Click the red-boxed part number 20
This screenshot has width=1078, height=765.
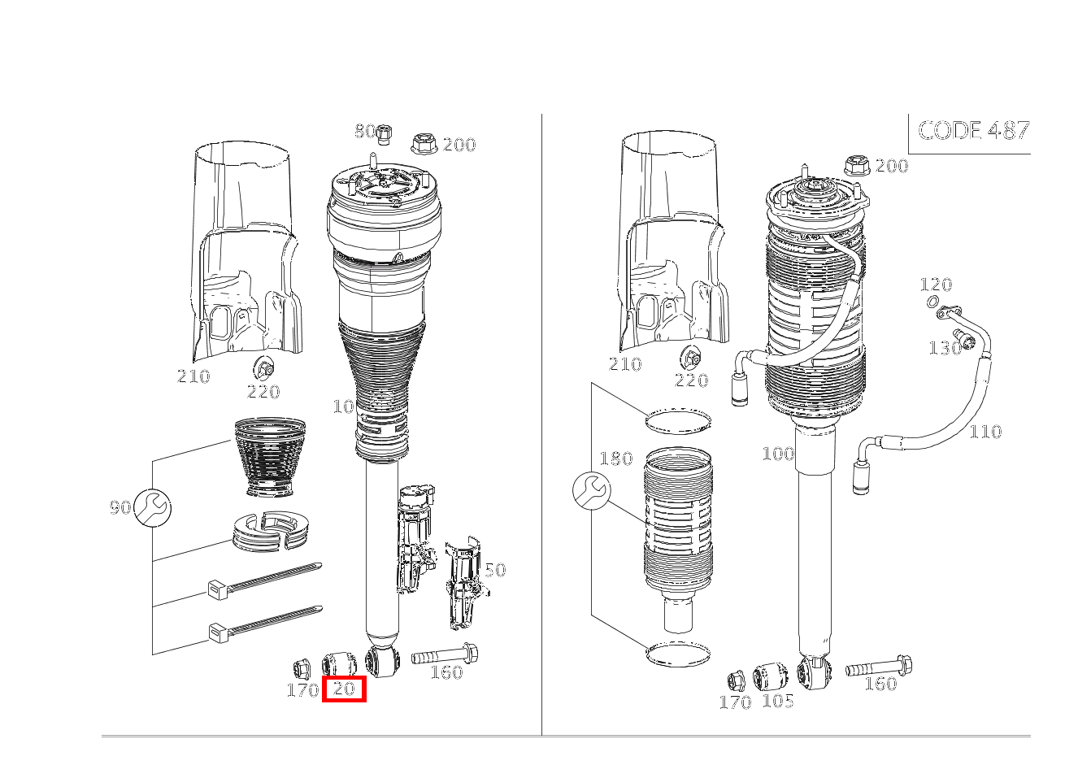[344, 689]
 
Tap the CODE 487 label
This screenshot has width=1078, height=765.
[974, 130]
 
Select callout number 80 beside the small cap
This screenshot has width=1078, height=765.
[364, 131]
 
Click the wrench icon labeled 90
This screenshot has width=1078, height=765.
[152, 507]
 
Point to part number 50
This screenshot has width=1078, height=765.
[495, 570]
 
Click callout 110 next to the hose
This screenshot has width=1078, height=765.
[985, 432]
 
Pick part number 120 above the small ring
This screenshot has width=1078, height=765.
[936, 285]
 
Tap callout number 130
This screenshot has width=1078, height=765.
[945, 348]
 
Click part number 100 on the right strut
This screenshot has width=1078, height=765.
[778, 453]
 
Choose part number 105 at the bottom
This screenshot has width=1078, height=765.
[778, 701]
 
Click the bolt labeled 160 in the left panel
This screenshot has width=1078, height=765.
[445, 654]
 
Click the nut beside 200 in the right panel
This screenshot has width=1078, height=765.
[857, 166]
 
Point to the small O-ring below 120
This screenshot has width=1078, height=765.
[932, 302]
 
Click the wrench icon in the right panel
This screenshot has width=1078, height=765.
[592, 491]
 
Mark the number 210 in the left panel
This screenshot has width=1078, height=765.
[193, 376]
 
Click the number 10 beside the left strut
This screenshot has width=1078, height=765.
[344, 407]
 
